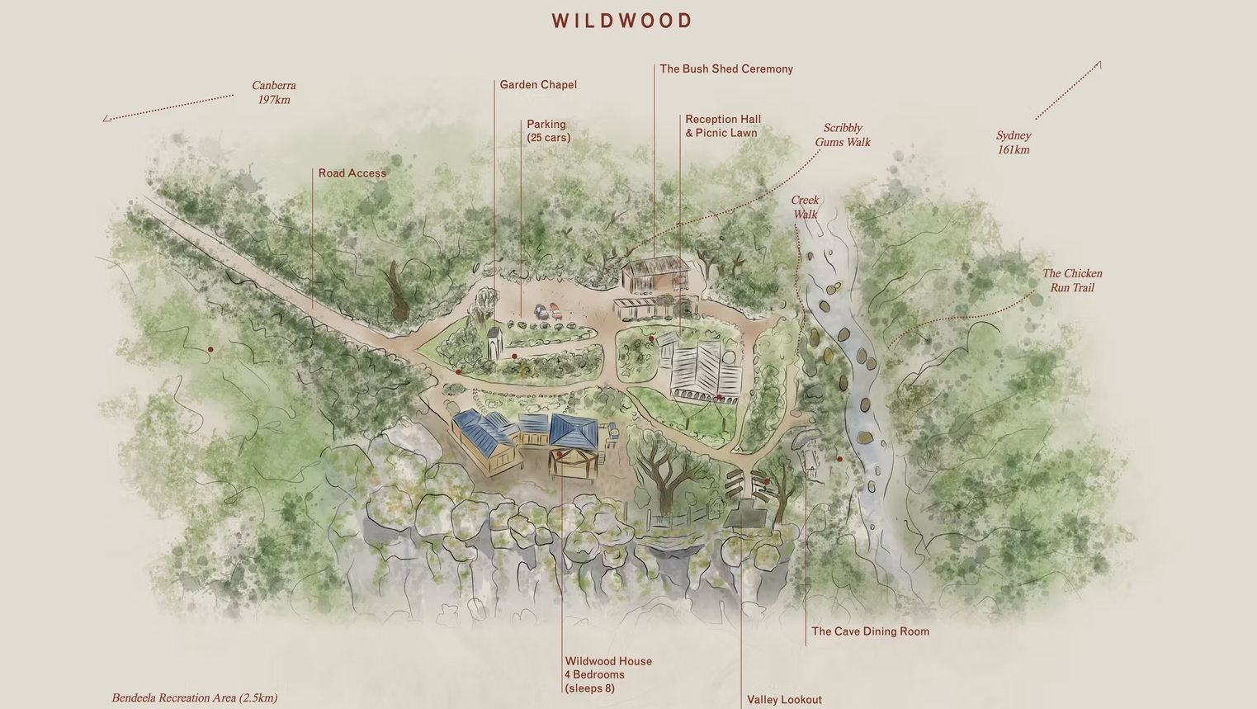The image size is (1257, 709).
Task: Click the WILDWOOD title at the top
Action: [x=622, y=21]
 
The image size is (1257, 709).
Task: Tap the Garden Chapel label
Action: [x=538, y=85]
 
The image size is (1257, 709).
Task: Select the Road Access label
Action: [x=352, y=173]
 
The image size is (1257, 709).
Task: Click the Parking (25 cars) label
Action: [x=548, y=131]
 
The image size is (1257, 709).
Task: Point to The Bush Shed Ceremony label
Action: [x=725, y=69]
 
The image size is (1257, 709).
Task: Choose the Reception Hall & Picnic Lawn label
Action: [x=722, y=126]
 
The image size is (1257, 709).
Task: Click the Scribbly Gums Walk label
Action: [x=842, y=135]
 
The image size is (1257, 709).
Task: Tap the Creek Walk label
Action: [x=805, y=207]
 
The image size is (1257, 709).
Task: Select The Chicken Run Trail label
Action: [x=1071, y=281]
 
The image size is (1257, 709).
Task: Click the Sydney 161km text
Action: [x=1013, y=143]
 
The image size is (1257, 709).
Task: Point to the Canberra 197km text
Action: [x=273, y=92]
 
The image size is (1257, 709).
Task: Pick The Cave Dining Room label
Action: [x=870, y=632]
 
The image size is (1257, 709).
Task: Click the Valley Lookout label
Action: [x=784, y=700]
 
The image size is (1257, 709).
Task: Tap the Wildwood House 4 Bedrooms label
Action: [x=607, y=674]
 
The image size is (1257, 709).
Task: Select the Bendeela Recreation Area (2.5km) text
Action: [x=195, y=698]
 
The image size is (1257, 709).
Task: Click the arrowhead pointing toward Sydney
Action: [x=1099, y=64]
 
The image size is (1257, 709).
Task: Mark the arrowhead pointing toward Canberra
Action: [x=106, y=119]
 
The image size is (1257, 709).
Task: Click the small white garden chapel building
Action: [x=494, y=343]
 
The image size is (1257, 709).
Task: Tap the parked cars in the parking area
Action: [x=548, y=312]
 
